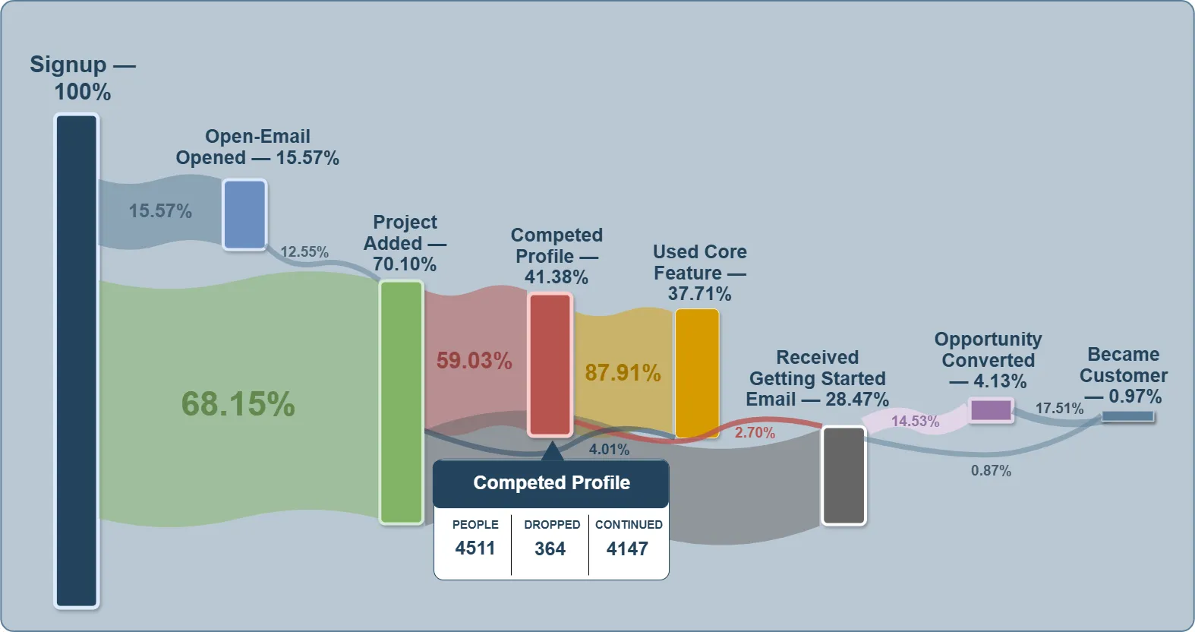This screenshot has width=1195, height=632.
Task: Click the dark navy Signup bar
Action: [77, 361]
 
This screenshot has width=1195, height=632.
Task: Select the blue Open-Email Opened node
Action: [244, 214]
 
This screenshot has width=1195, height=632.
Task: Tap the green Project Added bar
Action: [401, 402]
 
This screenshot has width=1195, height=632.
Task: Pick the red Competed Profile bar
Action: [550, 365]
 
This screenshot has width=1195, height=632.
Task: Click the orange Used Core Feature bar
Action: [697, 373]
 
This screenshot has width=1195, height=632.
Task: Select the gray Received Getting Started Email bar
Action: [843, 476]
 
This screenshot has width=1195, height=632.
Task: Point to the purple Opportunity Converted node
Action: [992, 410]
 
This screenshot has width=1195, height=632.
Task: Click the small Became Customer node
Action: [1127, 416]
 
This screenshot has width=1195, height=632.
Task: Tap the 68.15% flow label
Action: [238, 404]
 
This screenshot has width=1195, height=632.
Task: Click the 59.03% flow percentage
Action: [474, 361]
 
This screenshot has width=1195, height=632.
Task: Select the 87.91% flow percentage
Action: [623, 373]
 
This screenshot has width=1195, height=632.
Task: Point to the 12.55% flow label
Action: [304, 252]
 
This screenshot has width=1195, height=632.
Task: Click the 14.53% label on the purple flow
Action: [915, 421]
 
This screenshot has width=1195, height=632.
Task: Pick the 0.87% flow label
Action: [991, 471]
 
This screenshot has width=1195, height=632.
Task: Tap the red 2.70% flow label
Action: [755, 433]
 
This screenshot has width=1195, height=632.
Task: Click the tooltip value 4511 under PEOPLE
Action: [475, 548]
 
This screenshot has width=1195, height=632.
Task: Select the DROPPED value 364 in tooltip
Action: [550, 548]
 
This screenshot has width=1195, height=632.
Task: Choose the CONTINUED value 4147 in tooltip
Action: [627, 548]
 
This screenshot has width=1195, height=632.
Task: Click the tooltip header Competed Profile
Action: [551, 483]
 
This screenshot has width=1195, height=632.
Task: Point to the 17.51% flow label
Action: [1059, 409]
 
